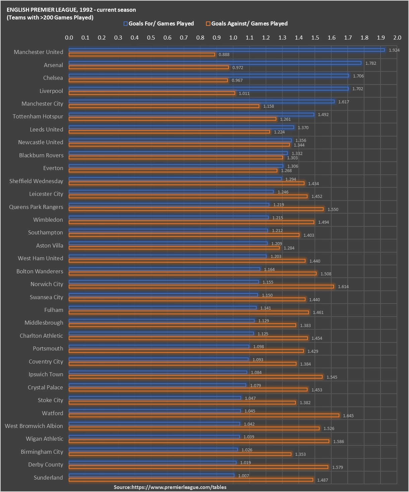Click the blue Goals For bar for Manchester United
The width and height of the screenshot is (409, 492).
point(226,50)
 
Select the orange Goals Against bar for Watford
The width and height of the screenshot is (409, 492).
point(204,416)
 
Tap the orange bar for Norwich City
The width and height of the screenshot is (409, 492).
point(201,286)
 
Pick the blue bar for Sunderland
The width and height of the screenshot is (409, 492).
point(151,476)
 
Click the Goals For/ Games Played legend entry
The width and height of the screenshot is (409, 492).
point(159,23)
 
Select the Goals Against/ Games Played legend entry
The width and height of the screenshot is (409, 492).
point(247,23)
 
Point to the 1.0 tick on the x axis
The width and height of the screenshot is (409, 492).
point(233,38)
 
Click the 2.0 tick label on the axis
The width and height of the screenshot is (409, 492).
point(397,38)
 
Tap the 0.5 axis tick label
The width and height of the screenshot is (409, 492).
point(151,38)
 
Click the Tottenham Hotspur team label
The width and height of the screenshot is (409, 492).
point(38,116)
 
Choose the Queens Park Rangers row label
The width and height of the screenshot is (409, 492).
point(36,207)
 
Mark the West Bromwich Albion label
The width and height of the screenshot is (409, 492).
point(34,426)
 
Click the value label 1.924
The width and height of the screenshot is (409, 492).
point(394,50)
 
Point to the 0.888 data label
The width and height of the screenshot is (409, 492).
point(224,55)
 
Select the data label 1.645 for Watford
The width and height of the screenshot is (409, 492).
point(348,416)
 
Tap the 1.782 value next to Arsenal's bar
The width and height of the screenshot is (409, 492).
point(370,63)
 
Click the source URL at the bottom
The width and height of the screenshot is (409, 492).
point(170,487)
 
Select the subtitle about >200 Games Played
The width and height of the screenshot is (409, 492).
point(50,17)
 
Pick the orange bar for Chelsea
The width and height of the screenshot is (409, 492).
point(148,80)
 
